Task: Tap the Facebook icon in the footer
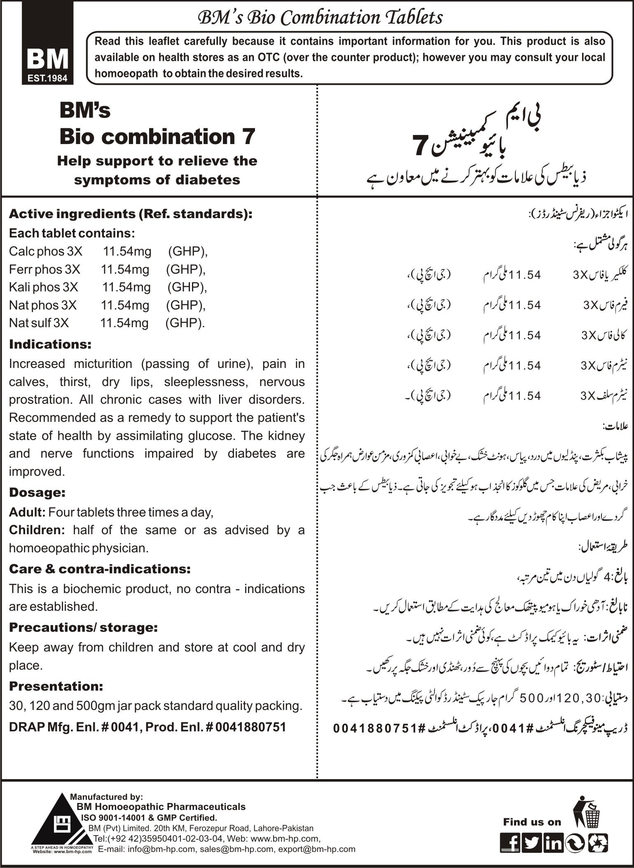[x=510, y=844]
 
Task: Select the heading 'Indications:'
[x=50, y=344]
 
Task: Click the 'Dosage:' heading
[x=37, y=493]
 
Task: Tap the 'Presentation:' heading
[x=56, y=686]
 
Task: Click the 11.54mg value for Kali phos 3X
[x=126, y=287]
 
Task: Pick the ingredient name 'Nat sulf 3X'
[x=39, y=323]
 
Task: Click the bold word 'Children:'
[x=37, y=530]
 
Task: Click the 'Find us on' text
[x=532, y=822]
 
